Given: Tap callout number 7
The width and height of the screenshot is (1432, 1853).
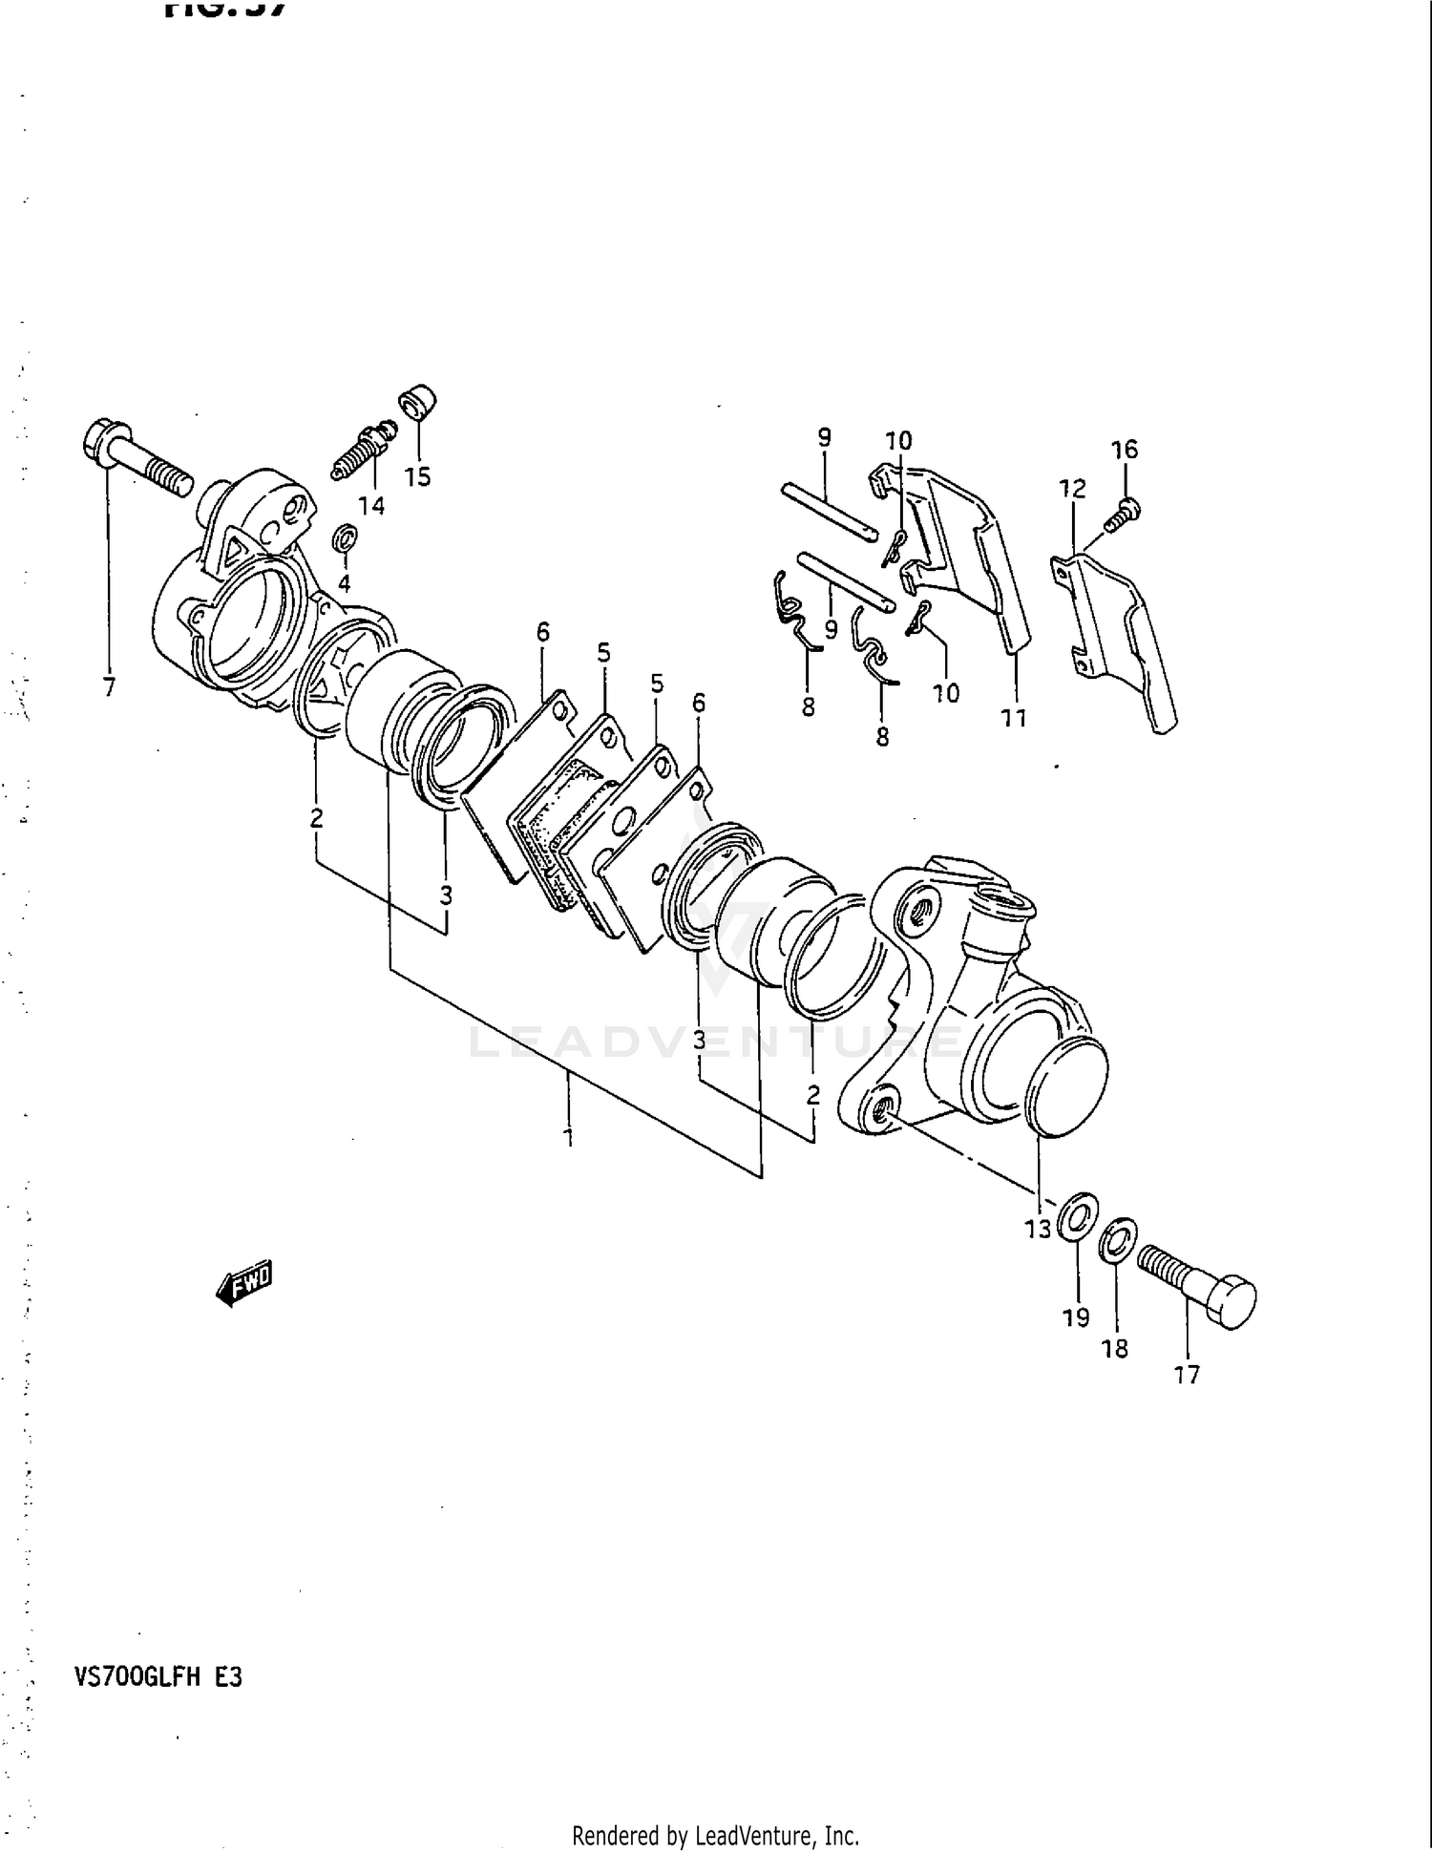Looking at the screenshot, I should coord(109,686).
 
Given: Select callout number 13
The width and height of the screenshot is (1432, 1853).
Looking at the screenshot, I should coord(1038,1229).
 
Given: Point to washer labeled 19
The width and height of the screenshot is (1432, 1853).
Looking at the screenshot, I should coord(1078,1216).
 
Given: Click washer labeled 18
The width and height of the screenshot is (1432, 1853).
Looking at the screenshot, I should coord(1117,1238).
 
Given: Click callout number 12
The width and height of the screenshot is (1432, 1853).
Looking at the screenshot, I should coord(1073,489).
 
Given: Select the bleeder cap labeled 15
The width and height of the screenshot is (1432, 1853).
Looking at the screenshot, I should coord(417,405).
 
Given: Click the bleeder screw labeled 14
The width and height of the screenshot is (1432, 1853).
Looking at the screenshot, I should coord(363,453).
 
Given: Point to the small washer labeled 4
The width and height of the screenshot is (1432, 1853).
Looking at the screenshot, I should coord(345,539).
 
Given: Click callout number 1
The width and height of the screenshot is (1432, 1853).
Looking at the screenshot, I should coord(569,1136).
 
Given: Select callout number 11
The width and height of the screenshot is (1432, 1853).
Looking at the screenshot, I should coord(1014,717).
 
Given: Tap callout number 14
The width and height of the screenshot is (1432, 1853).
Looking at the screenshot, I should coord(371,506).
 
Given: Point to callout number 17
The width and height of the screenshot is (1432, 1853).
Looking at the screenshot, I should coord(1187,1375).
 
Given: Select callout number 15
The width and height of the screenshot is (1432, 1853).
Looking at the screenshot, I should coord(417,477).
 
